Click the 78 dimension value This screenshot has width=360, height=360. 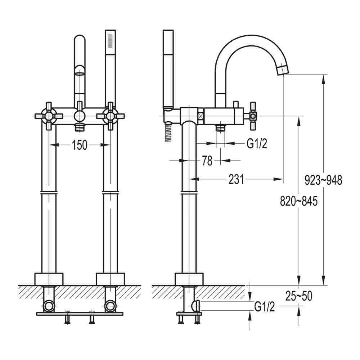coord(207,161)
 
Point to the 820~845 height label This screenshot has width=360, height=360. coord(299,201)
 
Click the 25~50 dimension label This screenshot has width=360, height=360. coord(299,296)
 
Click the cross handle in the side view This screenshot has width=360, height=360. coord(253,116)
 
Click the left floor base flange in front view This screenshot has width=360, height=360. coord(49,279)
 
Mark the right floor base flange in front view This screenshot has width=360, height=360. coord(110,279)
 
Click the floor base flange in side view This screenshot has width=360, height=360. coord(189,279)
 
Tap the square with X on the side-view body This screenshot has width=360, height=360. coord(201,116)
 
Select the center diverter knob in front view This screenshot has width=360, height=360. coord(80,116)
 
